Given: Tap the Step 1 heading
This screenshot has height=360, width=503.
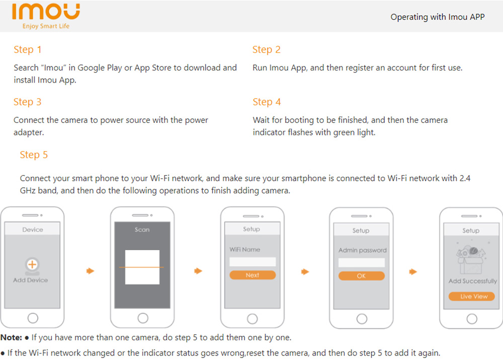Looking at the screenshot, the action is tap(27, 49).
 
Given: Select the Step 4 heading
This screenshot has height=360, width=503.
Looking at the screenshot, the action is tap(267, 102).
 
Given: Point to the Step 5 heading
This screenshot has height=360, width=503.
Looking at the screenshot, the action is tap(34, 155).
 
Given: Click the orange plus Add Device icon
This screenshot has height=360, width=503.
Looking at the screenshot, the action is tap(32, 265).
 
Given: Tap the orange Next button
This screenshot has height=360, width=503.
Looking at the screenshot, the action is tap(253, 275).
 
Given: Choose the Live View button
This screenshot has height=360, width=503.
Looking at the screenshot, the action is tap(472, 296).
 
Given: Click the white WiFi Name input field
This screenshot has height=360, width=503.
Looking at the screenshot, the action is tap(253, 261).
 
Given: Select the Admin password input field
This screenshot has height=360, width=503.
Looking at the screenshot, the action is tap(362, 262).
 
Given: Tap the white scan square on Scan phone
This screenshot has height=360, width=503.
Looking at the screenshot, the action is tap(142, 267).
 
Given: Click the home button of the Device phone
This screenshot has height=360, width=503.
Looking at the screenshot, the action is tap(33, 318).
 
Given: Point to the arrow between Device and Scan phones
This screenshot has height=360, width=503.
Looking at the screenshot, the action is tap(91, 271).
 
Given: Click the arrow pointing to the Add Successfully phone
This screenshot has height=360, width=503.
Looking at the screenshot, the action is tap(413, 272).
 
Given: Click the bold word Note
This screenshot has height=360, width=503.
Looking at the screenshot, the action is tap(11, 337).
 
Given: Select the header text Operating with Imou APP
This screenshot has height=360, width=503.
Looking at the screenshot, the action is tap(438, 17).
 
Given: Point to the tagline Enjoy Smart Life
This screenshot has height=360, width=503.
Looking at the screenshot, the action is tap(46, 26).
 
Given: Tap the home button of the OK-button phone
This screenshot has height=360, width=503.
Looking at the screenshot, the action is tap(362, 319).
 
